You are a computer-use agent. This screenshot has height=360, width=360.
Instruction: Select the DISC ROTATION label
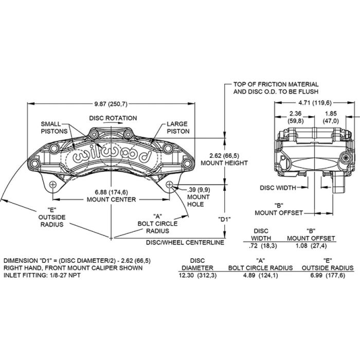(113, 118)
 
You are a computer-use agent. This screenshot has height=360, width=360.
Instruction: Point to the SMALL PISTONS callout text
(54, 128)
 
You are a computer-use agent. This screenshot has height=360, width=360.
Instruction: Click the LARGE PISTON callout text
(178, 128)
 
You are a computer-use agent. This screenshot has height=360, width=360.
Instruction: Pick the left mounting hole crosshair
(53, 184)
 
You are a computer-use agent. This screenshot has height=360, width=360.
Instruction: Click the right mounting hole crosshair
(169, 184)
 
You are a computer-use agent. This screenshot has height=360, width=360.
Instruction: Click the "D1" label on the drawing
(224, 219)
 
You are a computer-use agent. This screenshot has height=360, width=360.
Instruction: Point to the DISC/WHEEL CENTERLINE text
(185, 242)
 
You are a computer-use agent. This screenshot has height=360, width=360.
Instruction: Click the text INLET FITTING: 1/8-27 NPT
(42, 275)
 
